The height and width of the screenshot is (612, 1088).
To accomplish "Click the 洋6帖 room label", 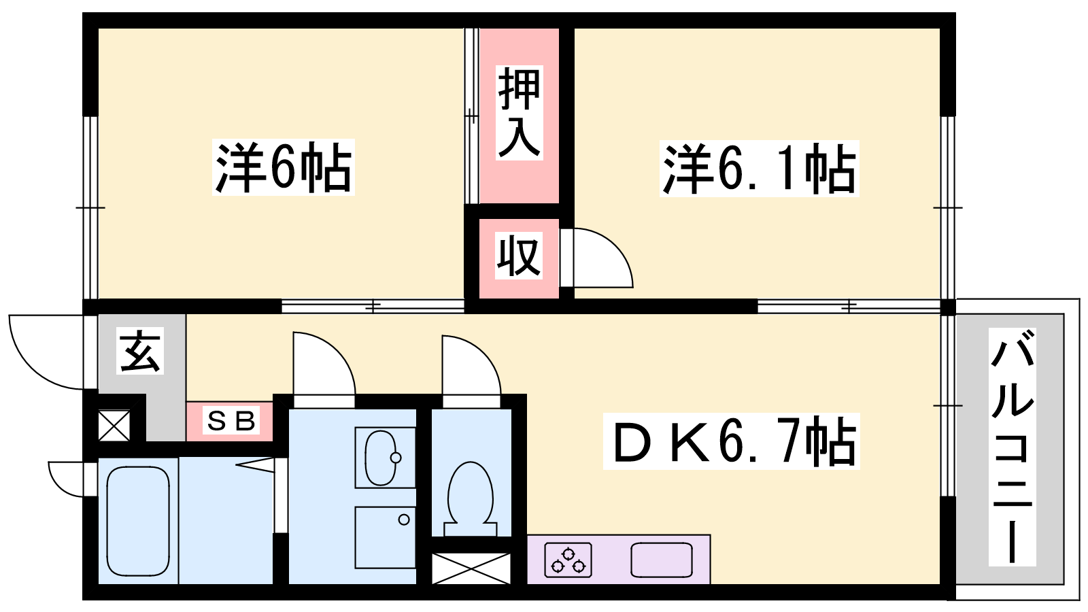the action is [283, 167].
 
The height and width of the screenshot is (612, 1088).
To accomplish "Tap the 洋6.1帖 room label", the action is [759, 169].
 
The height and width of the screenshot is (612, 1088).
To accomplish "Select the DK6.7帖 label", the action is [732, 441].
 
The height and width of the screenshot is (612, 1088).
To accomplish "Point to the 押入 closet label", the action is [520, 113].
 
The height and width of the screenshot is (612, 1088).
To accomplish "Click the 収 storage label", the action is [519, 256].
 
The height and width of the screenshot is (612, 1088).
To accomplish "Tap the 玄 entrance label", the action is [140, 351].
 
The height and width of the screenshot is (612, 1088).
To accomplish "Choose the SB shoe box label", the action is [231, 421].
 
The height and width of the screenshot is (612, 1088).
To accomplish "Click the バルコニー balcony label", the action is [1013, 447].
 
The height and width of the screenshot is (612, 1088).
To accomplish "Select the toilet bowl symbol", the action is [470, 498].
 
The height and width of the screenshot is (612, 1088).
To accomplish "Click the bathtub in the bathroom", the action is [138, 521].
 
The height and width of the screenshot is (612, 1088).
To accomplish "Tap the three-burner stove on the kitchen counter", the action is [568, 560].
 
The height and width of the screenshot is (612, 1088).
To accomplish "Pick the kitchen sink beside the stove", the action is [662, 560].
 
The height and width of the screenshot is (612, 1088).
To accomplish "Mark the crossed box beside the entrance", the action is [114, 426].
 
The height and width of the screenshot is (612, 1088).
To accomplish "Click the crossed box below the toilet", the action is [471, 568].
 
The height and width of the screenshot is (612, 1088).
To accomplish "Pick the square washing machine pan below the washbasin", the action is [385, 537].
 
